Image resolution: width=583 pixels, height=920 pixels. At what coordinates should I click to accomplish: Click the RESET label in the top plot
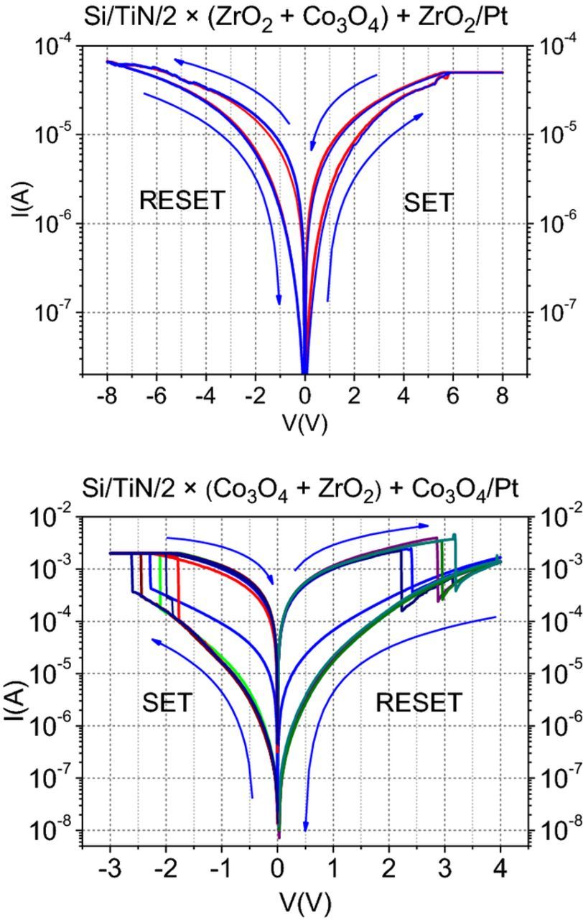(x=182, y=201)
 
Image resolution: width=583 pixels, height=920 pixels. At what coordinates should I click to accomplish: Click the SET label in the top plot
(x=429, y=203)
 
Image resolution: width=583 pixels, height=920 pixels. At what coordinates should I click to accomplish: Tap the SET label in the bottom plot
(x=167, y=702)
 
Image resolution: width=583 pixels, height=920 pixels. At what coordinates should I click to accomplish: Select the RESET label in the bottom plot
(x=419, y=702)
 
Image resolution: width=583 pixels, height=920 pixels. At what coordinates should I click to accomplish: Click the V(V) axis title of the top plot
(x=304, y=423)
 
